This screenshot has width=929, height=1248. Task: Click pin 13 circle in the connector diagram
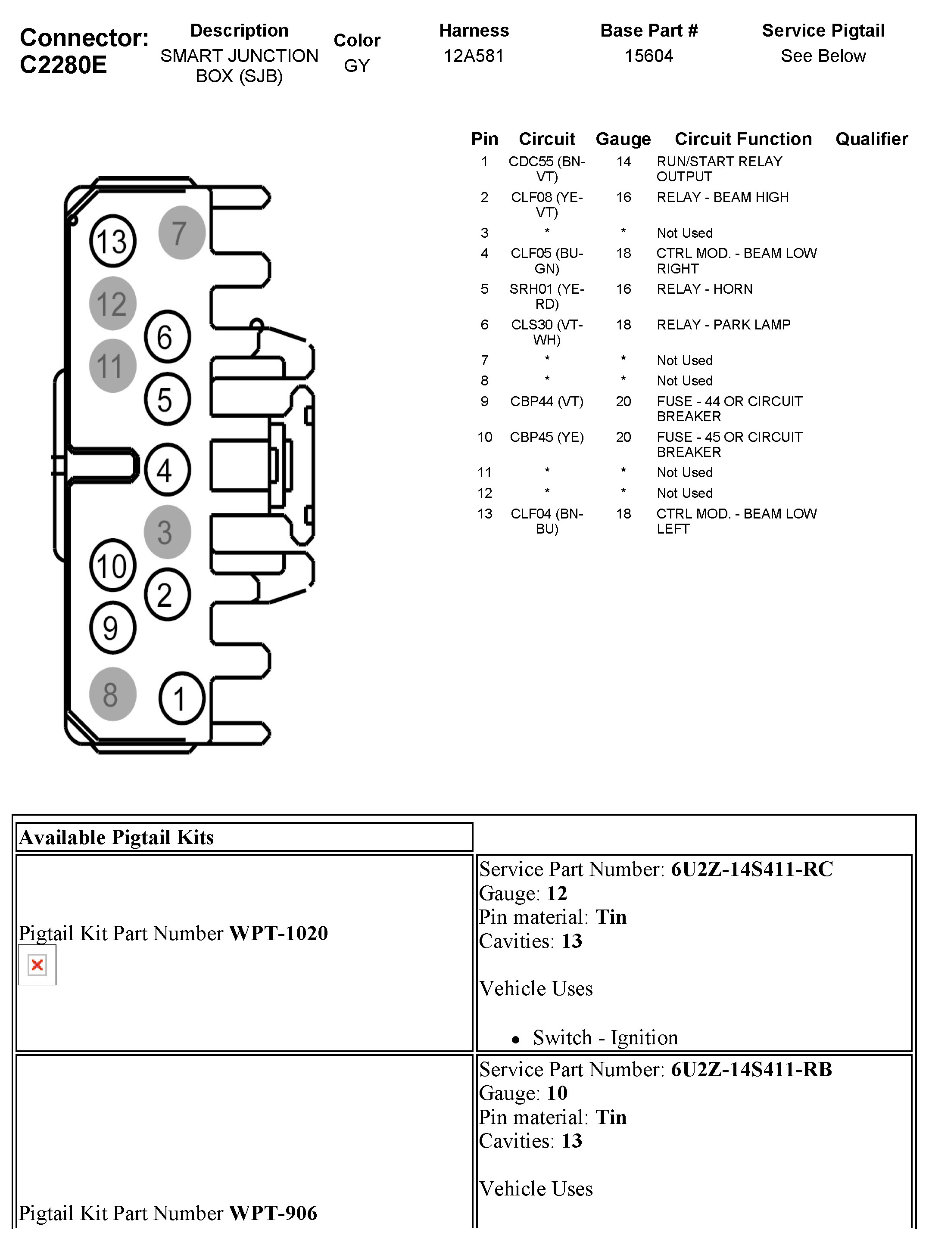[112, 241]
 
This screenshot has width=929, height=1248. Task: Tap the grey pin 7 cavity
[182, 233]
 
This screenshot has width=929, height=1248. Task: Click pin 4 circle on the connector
[167, 470]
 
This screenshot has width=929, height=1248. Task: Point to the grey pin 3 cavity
[167, 531]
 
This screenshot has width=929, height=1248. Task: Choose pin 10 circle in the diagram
[112, 565]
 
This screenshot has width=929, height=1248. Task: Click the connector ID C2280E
[63, 65]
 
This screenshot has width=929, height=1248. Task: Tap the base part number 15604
[648, 56]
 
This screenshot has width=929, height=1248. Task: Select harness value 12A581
[474, 56]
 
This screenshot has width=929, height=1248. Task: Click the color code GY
[356, 66]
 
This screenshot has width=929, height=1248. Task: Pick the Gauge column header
[623, 139]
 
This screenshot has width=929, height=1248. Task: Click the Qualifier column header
[871, 139]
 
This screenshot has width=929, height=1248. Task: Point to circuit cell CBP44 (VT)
[547, 402]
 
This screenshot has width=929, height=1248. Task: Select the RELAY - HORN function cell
[704, 289]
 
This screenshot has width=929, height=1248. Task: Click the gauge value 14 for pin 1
[623, 162]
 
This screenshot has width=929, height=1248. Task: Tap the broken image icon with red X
[37, 965]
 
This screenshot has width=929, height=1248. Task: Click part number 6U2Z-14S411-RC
[751, 869]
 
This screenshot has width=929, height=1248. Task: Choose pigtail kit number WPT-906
[273, 1213]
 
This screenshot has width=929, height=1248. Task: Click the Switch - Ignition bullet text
[605, 1037]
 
